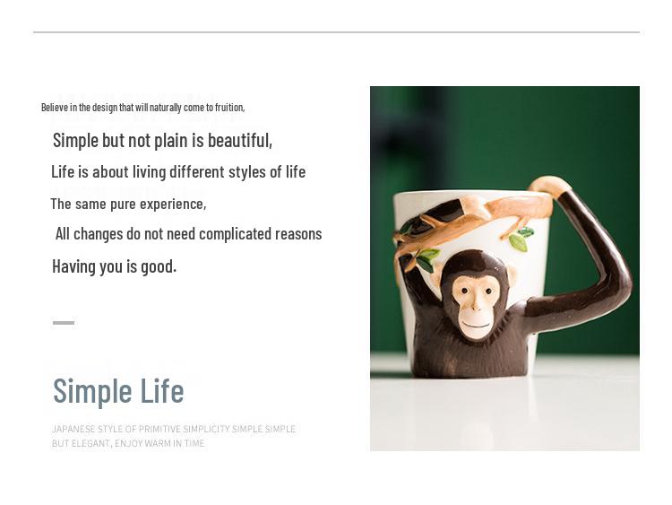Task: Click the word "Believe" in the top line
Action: [55, 108]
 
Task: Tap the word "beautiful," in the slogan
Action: [240, 140]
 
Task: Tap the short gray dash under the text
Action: [64, 323]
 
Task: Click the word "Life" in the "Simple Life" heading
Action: [162, 390]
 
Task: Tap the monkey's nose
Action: [476, 306]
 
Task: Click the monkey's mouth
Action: [476, 325]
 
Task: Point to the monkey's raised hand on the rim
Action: [549, 186]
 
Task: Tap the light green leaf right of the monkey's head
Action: [518, 243]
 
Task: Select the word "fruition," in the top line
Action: [229, 108]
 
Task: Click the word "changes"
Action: [99, 234]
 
